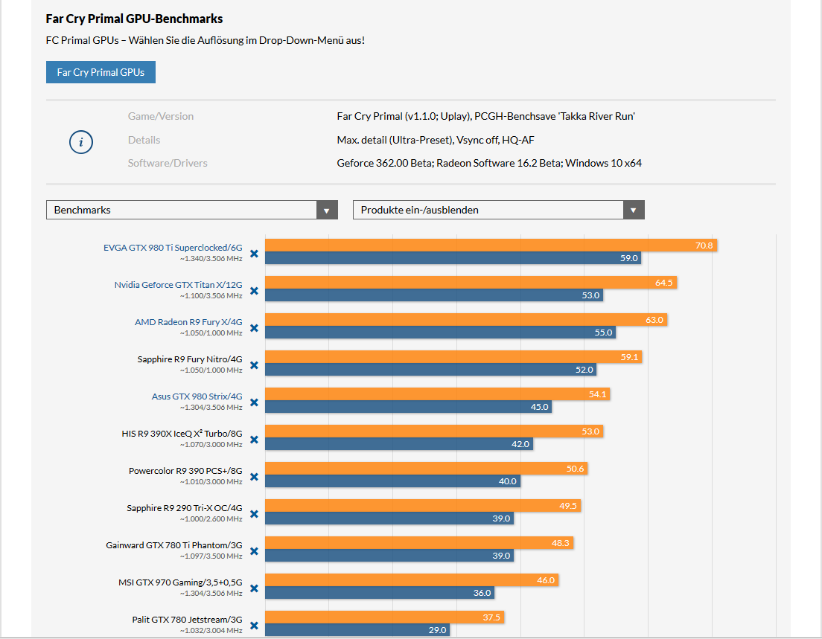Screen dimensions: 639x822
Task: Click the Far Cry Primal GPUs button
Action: [101, 72]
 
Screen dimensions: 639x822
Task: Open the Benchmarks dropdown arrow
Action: [326, 210]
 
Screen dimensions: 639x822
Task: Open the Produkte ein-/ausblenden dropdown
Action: [498, 210]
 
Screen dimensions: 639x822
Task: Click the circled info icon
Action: [81, 142]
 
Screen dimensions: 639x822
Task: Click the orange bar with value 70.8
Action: [491, 245]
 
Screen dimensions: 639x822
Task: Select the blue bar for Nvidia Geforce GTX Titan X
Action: [433, 295]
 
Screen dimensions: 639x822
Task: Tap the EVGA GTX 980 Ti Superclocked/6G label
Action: [173, 248]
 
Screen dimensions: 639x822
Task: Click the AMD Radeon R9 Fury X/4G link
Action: [188, 322]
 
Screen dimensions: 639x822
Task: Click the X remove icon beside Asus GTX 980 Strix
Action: [254, 402]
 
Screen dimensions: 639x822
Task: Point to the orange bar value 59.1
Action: [630, 357]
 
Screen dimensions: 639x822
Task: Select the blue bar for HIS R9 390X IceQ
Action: [398, 444]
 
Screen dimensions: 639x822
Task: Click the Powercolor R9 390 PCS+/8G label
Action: [185, 471]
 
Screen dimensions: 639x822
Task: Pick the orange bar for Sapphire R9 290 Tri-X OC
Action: [422, 506]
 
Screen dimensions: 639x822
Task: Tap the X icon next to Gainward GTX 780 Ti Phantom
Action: [254, 551]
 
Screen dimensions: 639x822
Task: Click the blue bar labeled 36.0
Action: [380, 593]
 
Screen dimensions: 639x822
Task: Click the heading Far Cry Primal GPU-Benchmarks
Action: [134, 19]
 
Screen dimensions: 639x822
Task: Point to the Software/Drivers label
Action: [168, 163]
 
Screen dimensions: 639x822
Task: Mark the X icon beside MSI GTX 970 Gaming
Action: [254, 588]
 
